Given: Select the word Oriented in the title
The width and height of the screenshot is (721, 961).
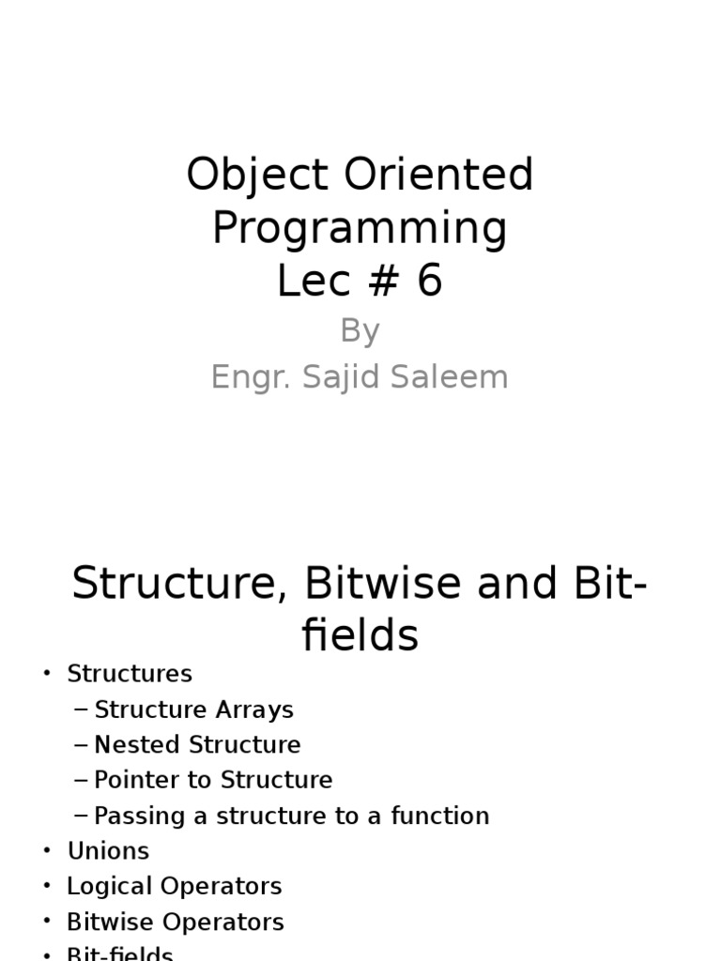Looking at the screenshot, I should [436, 176].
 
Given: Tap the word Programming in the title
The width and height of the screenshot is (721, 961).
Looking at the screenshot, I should [360, 229].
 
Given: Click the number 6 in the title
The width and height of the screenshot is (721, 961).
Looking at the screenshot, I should [428, 282].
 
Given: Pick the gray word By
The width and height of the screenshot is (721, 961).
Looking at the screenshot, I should [360, 331].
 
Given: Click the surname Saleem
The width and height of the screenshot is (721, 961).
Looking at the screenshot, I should [461, 377].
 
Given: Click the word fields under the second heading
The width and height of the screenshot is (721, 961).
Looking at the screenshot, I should [360, 636].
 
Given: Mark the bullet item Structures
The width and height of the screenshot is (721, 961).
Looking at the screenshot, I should [130, 674].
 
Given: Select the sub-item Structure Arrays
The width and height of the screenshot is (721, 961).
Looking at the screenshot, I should [194, 709].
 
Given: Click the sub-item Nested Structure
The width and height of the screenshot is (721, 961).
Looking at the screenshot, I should [198, 745].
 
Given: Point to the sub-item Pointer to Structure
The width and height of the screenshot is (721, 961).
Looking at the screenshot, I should [214, 781].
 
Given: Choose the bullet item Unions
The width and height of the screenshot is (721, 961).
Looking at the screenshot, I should [108, 851].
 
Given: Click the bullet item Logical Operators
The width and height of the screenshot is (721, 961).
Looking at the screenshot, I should [175, 887].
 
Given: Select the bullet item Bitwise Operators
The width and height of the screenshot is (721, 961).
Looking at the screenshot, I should [176, 923].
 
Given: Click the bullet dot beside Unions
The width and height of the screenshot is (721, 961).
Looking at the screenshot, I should [46, 851].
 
